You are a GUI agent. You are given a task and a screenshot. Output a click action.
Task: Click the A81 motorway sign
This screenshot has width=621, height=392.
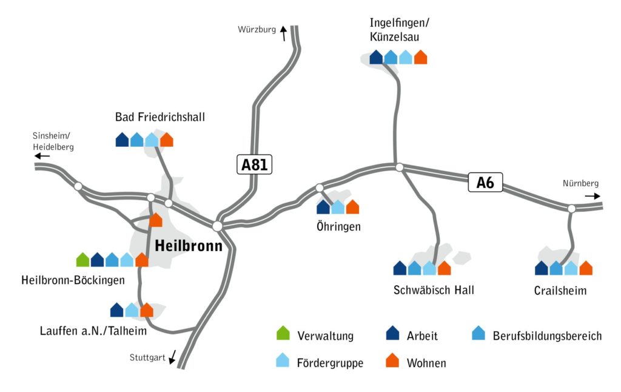pyautogui.click(x=254, y=165)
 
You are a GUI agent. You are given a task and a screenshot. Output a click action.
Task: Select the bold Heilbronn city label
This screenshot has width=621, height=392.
pyautogui.click(x=189, y=246)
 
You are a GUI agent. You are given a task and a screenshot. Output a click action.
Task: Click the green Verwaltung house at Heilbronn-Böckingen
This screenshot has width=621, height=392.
pyautogui.click(x=83, y=260)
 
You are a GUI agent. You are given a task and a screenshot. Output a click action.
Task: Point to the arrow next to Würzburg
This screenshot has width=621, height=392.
pyautogui.click(x=283, y=33)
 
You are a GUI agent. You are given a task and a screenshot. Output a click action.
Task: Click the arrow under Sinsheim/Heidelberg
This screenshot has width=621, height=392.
pyautogui.click(x=42, y=156)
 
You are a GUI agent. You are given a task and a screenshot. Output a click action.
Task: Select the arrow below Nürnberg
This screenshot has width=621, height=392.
pyautogui.click(x=592, y=196)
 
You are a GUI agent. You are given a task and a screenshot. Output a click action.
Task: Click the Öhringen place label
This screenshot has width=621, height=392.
pyautogui.click(x=338, y=228)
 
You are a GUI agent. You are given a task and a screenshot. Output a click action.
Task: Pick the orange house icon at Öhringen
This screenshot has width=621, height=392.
pyautogui.click(x=352, y=208)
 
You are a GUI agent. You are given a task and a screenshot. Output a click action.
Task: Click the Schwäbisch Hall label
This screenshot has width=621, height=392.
pyautogui.click(x=434, y=290)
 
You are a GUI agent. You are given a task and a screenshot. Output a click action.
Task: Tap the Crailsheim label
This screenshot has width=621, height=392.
pyautogui.click(x=560, y=291)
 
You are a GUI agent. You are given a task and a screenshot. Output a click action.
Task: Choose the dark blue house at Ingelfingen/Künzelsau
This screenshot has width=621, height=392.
pyautogui.click(x=376, y=58)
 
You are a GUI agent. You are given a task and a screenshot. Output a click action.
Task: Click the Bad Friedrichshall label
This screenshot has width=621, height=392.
pyautogui.click(x=160, y=117)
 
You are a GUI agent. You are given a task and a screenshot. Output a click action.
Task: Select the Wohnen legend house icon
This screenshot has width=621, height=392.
pyautogui.click(x=392, y=361)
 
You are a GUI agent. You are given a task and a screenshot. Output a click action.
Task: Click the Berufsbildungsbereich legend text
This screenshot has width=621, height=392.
pyautogui.click(x=547, y=336)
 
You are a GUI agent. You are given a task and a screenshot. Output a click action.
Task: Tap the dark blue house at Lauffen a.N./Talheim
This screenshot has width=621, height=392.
pyautogui.click(x=117, y=311)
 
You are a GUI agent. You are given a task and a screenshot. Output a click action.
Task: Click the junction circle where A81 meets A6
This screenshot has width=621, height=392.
pyautogui.click(x=217, y=226)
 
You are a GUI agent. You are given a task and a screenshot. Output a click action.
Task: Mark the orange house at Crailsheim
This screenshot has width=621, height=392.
pyautogui.click(x=586, y=268)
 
